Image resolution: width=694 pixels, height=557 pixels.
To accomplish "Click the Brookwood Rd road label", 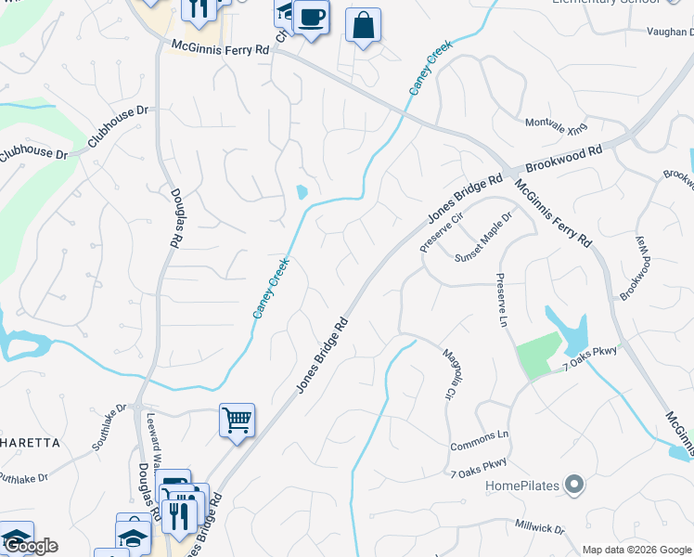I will [563, 160].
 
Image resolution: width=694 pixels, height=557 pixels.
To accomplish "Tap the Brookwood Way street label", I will [636, 266].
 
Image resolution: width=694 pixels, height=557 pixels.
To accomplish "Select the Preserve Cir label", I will [441, 229].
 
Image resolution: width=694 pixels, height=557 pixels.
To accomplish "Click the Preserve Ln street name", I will [502, 300].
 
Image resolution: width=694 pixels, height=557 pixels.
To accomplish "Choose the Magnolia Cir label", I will [447, 370].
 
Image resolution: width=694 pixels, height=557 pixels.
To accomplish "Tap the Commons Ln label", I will [480, 434].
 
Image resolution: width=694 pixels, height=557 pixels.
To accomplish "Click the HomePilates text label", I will [524, 485].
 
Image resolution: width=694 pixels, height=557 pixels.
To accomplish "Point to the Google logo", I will [30, 546].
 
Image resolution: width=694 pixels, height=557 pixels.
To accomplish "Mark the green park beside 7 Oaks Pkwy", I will [537, 354].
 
